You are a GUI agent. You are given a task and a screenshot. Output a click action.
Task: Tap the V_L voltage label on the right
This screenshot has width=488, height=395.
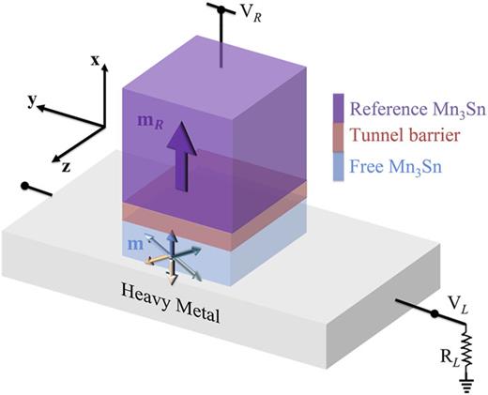pos(456,306)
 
